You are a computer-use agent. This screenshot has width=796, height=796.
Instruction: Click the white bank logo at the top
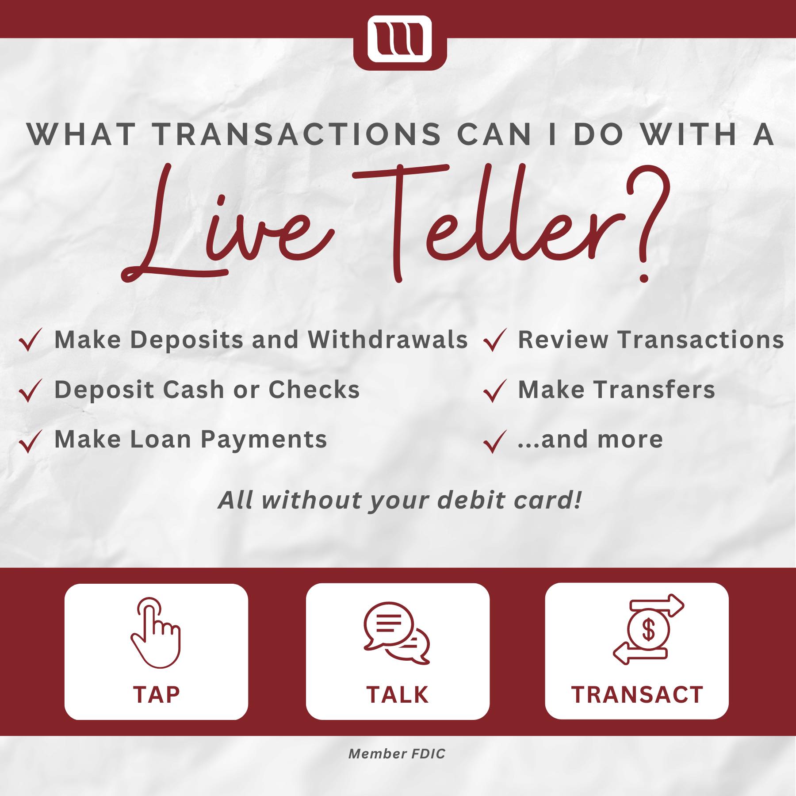399,39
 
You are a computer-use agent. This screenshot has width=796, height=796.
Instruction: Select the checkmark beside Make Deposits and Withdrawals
31,341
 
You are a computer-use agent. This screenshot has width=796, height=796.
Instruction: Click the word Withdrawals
388,340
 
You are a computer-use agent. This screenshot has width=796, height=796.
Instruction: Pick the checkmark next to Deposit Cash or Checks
31,390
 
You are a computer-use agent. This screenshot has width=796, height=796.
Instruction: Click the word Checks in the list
314,390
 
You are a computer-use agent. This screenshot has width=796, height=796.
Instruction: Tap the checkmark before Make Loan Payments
31,441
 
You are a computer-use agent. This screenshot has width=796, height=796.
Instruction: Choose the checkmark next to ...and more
494,441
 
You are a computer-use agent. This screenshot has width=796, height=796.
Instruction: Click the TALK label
397,695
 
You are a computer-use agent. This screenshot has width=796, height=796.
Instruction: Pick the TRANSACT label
637,695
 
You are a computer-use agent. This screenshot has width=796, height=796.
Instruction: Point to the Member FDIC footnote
397,754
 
